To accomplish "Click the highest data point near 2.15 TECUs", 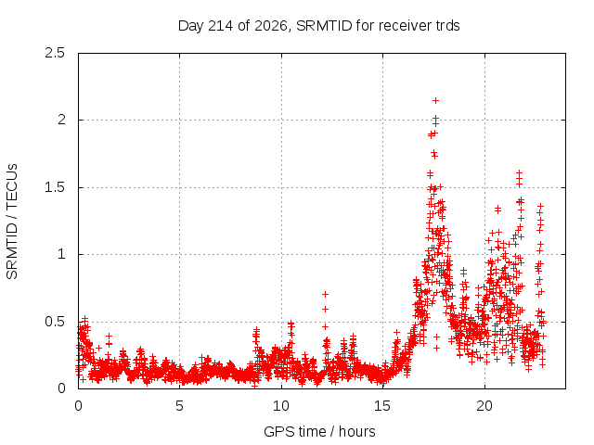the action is (435, 101).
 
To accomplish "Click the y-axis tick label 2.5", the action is (55, 53).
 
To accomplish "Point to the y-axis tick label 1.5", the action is (55, 187).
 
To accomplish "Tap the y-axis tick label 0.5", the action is (55, 322).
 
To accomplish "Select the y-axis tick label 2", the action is (61, 120).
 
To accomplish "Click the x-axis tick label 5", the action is (179, 406).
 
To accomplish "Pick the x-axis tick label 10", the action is (280, 406).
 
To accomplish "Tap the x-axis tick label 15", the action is (382, 406).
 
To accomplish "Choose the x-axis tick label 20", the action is (484, 406).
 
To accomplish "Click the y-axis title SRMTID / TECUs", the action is (12, 222).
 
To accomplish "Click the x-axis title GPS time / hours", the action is (319, 431).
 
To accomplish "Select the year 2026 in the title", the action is (271, 26).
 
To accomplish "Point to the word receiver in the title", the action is (405, 26).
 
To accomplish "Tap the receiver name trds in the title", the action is (446, 26).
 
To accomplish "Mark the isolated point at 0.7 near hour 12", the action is (325, 294).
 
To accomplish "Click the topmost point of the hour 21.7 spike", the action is (520, 172).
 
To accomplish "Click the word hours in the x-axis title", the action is (356, 431).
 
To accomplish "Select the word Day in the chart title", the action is (191, 26).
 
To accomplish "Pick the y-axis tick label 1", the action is (61, 254).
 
